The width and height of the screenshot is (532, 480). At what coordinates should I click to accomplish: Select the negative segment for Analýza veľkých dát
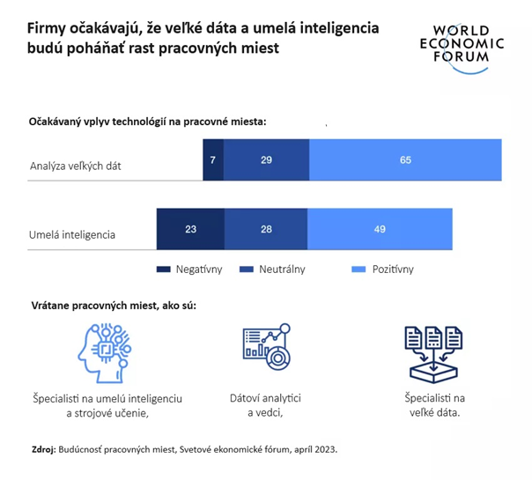tap(212, 159)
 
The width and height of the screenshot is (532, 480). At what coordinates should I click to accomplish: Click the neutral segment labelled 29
tap(266, 159)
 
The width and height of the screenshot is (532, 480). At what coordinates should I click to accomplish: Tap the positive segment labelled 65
tap(405, 159)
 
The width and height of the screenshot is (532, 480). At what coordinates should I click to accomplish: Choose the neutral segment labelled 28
tap(265, 229)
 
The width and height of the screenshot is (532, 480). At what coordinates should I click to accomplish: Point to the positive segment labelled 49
tap(379, 229)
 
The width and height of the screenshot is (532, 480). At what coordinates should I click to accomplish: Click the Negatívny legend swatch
tap(163, 270)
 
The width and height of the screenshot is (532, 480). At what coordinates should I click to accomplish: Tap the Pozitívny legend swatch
tap(358, 270)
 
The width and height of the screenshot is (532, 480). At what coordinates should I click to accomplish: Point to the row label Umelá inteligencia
tap(72, 235)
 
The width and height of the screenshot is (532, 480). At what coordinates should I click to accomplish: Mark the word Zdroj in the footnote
tap(42, 449)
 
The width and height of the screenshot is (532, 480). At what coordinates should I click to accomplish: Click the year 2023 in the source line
tap(324, 449)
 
